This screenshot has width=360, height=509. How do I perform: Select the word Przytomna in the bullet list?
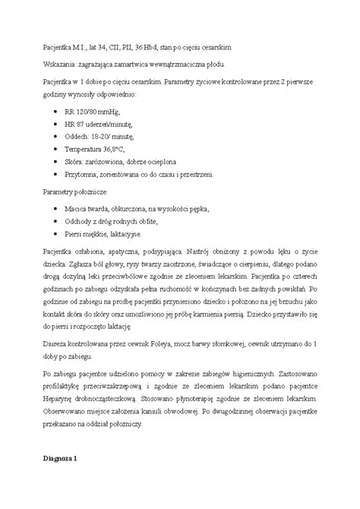click(x=84, y=174)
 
